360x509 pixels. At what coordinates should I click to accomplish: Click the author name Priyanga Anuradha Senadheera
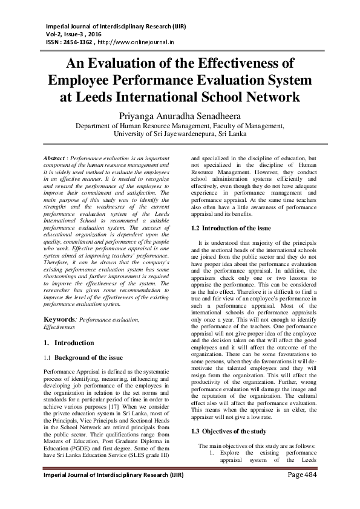179,114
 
